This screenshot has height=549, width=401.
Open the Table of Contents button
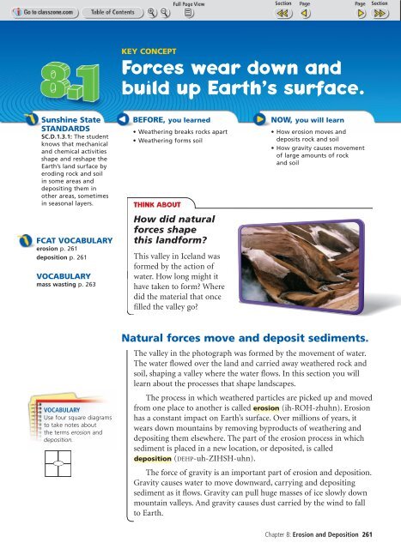click(x=108, y=12)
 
